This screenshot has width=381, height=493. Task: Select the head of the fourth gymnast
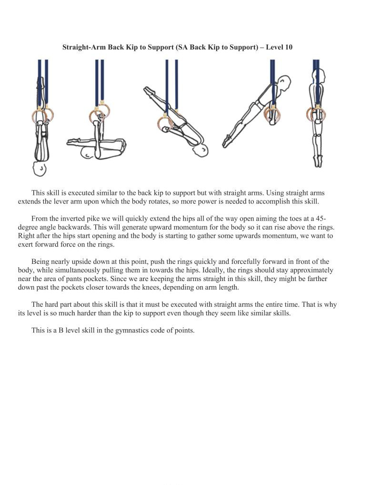tap(284, 83)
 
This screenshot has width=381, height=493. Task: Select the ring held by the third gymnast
tap(165, 124)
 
